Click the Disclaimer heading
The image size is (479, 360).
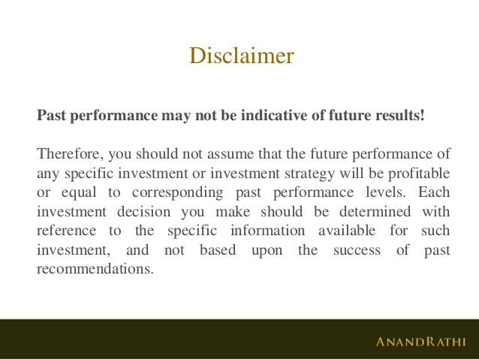point(241,56)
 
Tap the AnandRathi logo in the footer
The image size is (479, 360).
point(420,342)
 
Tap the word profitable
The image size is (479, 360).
point(417,174)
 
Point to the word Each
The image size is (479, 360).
point(435,192)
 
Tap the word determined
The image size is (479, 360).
point(367,212)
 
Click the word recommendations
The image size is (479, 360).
point(93,269)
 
